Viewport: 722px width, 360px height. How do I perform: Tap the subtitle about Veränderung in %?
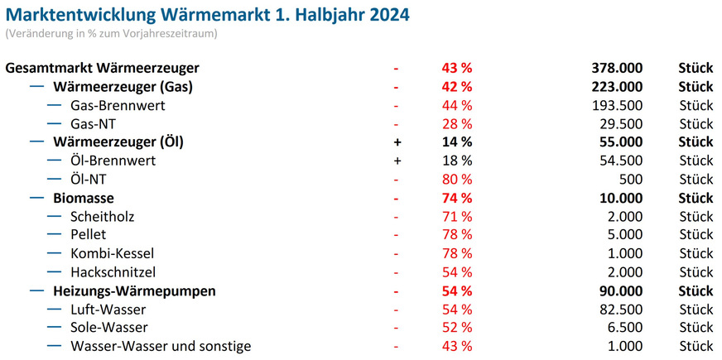tap(111, 34)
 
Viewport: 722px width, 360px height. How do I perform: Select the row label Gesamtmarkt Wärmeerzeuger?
tap(102, 68)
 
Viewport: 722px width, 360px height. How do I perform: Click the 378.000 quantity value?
tap(614, 68)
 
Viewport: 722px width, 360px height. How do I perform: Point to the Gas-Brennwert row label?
tap(118, 105)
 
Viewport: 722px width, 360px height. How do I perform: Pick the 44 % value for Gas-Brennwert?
tap(456, 105)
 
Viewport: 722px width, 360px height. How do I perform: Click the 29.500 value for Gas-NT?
tap(620, 124)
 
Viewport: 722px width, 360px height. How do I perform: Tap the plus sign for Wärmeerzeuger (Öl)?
tap(397, 142)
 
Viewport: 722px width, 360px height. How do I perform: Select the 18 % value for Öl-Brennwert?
tap(456, 161)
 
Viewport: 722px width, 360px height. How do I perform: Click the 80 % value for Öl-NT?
tap(456, 180)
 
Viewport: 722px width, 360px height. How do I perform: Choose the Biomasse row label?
tap(83, 198)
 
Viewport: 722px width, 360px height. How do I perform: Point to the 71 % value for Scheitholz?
tap(456, 217)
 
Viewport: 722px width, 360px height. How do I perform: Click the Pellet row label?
tap(89, 235)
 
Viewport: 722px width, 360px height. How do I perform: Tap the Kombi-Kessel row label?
tap(112, 253)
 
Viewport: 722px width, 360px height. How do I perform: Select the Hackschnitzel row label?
tap(113, 272)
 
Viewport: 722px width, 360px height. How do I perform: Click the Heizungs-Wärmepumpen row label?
tap(134, 290)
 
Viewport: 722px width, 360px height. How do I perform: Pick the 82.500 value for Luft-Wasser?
tap(620, 309)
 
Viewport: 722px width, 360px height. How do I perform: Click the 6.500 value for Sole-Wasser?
tap(624, 328)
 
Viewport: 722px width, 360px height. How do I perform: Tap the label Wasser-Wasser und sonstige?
tap(161, 346)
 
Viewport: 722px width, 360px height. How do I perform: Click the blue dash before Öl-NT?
tap(55, 179)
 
